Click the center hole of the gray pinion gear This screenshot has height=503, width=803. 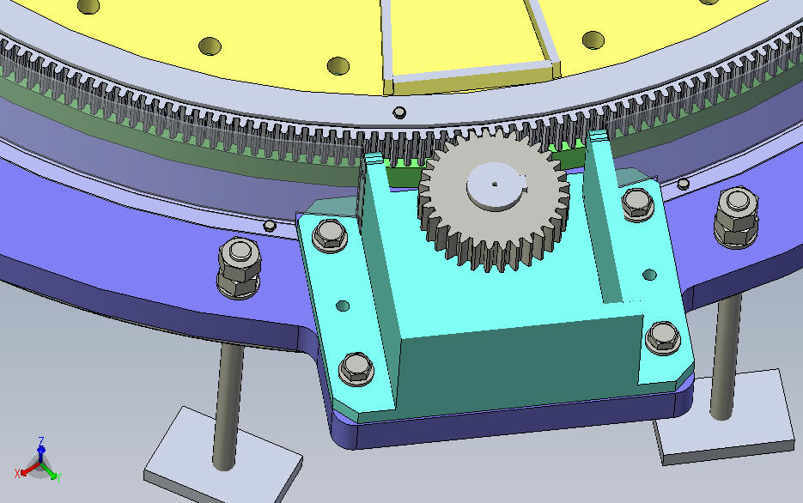[x=494, y=184]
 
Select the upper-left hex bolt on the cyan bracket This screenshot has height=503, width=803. [x=329, y=236]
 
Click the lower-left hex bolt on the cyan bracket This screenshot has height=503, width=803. [x=356, y=368]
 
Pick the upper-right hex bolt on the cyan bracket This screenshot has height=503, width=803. [x=637, y=204]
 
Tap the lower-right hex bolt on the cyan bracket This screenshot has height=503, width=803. [x=664, y=338]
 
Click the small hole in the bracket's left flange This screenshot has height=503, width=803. [x=343, y=306]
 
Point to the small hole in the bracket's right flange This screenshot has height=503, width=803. [x=649, y=275]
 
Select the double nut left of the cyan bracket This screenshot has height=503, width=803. [x=239, y=268]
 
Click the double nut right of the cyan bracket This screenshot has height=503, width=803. [x=736, y=217]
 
